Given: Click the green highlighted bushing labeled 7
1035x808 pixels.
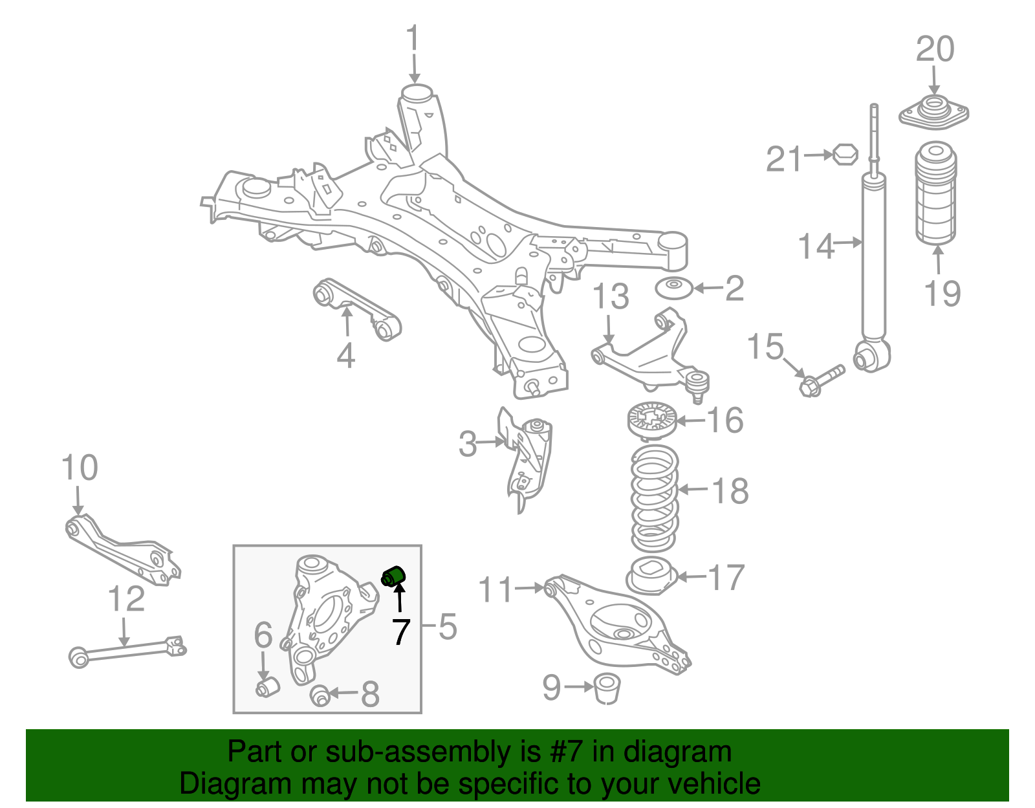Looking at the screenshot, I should click(x=393, y=574).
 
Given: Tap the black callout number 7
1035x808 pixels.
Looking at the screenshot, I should click(x=401, y=632).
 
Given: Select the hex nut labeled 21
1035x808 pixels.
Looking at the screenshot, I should click(x=844, y=155).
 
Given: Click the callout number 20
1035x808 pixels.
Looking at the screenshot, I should click(x=935, y=50).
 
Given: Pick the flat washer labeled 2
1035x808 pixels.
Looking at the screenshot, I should click(x=674, y=288).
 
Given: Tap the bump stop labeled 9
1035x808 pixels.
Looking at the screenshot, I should click(x=607, y=688).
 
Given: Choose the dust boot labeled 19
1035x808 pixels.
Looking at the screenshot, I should click(x=936, y=194).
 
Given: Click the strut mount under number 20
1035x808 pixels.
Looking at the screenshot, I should click(x=933, y=113).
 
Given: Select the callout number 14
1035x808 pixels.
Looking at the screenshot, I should click(x=816, y=246).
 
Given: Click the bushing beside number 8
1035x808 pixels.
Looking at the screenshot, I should click(x=320, y=696).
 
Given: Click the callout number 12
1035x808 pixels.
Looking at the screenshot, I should click(x=126, y=599).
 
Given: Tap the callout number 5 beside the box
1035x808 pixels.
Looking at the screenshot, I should click(x=448, y=627).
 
